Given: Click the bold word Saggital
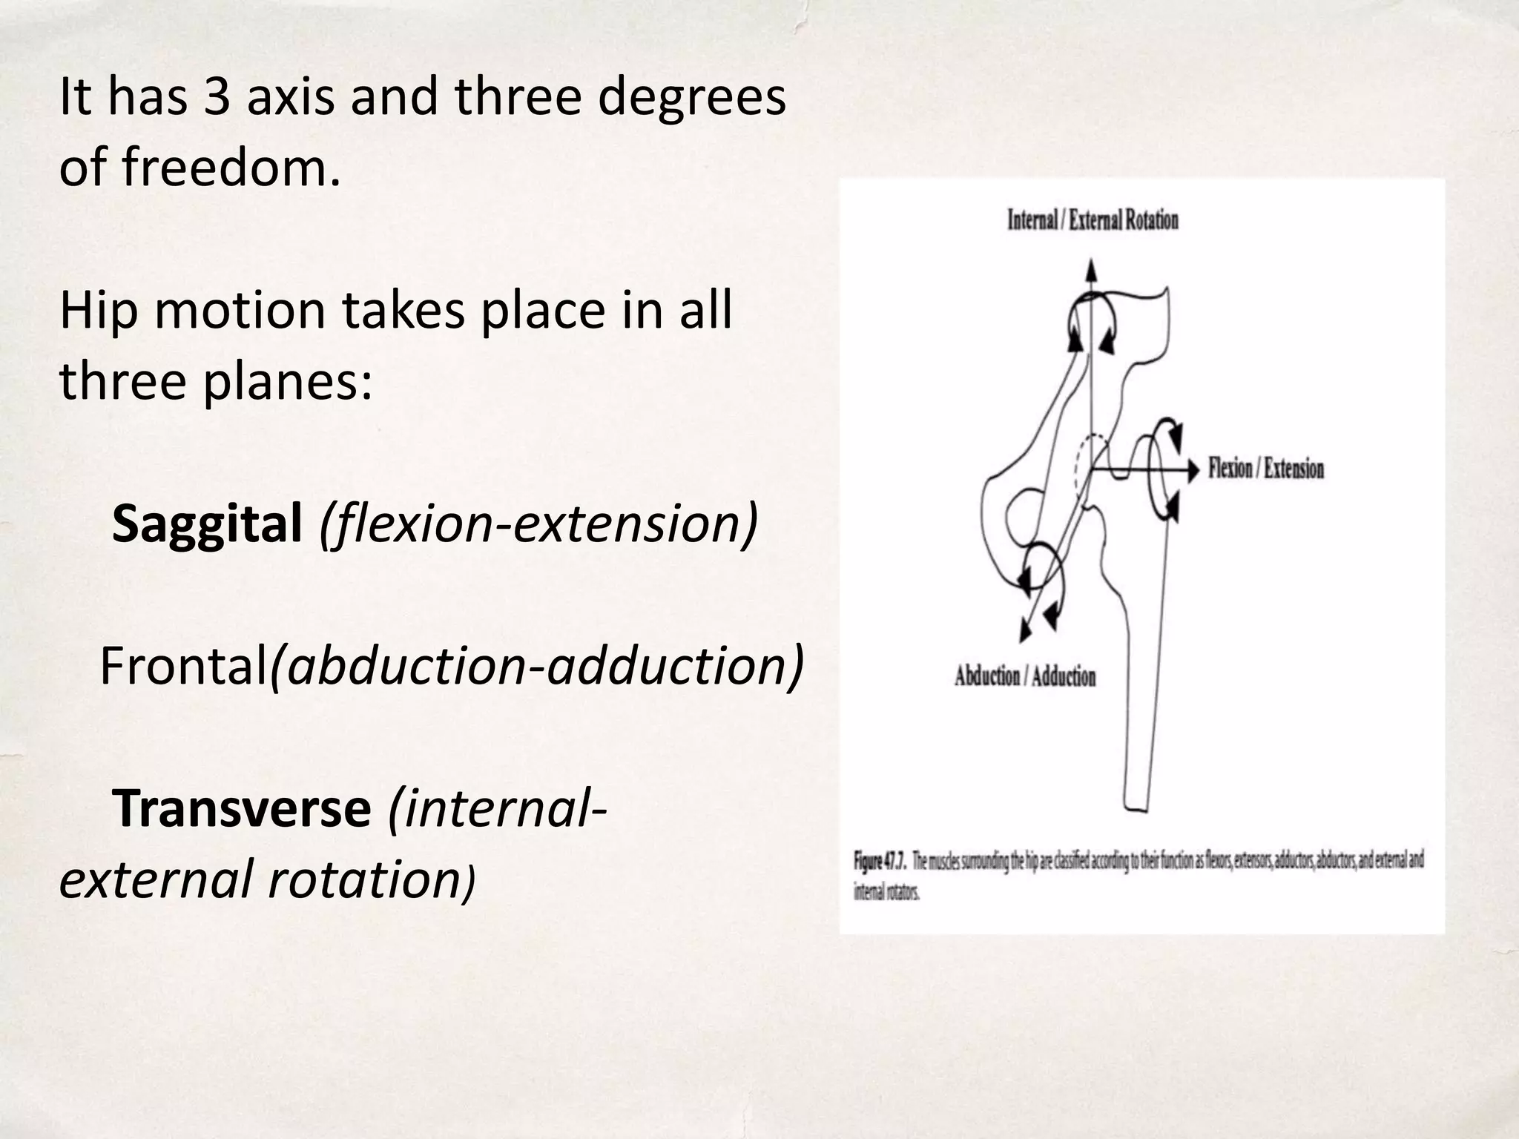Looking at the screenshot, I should (x=207, y=524).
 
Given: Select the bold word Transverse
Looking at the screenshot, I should (x=241, y=808).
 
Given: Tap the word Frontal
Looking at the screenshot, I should (x=183, y=666).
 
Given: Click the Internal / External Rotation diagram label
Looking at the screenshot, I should (x=1093, y=220).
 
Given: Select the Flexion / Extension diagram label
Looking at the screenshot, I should (x=1265, y=469).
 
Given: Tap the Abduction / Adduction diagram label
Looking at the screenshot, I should (x=1024, y=676).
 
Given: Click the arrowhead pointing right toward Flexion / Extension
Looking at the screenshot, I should (x=1193, y=470).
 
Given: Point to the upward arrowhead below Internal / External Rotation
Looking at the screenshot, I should (x=1090, y=268).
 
